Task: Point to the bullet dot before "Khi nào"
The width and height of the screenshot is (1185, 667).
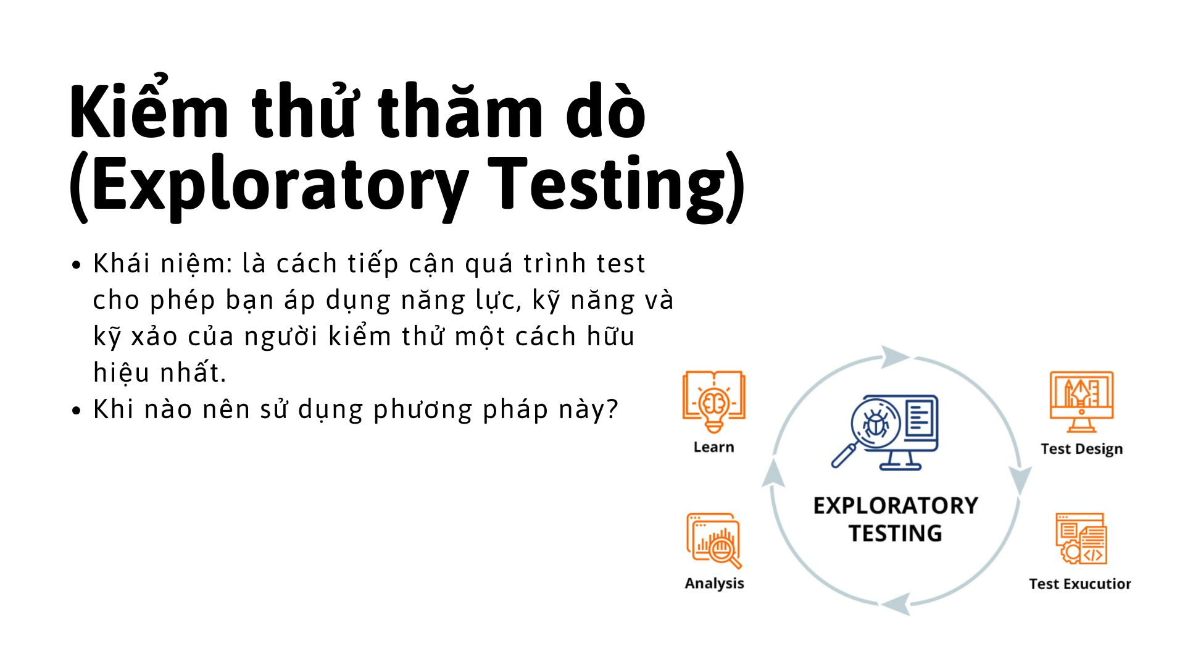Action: (x=77, y=411)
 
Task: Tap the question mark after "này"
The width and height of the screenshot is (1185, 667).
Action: (x=612, y=409)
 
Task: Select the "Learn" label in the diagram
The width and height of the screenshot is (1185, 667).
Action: (x=713, y=447)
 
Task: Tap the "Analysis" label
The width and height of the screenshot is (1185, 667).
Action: (x=714, y=583)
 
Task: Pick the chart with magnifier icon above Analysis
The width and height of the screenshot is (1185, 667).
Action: (x=714, y=540)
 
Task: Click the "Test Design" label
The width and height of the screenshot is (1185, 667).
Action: (x=1081, y=449)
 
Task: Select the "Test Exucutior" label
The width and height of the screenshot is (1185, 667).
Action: (x=1079, y=584)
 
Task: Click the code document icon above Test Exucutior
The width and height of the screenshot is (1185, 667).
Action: (x=1081, y=539)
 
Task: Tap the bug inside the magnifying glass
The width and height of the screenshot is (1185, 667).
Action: (x=875, y=424)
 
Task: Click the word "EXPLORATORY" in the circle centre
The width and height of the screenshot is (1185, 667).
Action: (x=896, y=506)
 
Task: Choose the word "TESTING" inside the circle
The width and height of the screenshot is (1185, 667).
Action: (x=896, y=533)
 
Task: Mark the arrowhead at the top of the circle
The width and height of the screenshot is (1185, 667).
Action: (x=894, y=356)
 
